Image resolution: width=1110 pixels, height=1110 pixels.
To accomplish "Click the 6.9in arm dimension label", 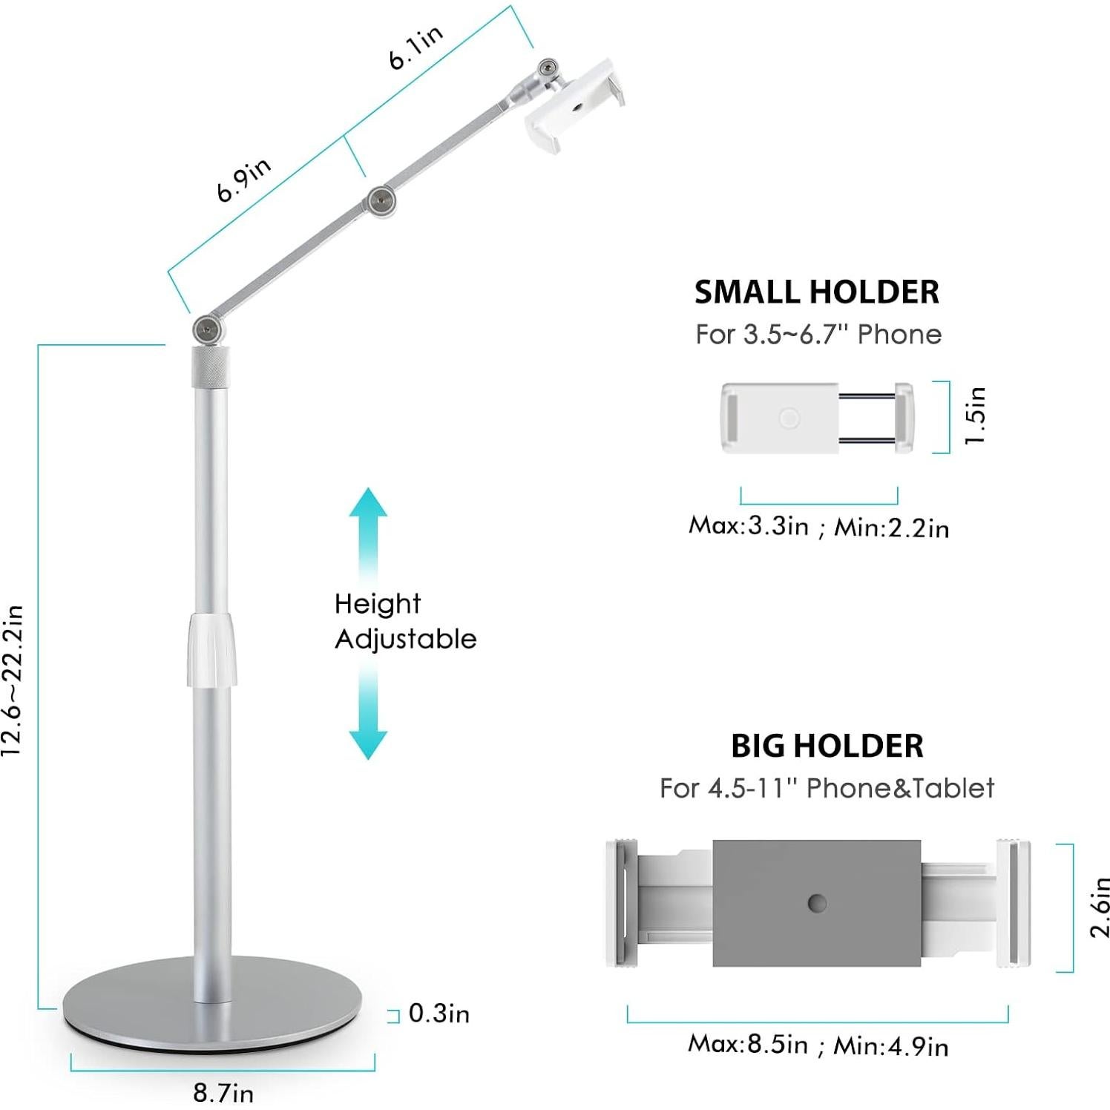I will tap(243, 180).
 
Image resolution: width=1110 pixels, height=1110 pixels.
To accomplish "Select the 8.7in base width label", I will tap(223, 1092).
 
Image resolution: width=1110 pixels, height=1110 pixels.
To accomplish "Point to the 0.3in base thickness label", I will tap(439, 1014).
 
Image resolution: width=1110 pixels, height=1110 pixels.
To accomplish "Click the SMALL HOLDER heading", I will tap(817, 292).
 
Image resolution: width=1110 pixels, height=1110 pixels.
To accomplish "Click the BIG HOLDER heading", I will tap(827, 746).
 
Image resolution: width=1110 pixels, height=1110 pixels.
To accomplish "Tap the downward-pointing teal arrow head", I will tap(369, 743).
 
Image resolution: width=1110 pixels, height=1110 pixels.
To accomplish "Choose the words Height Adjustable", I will tap(405, 621).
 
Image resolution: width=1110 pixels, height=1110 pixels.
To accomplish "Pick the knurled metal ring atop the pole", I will tap(211, 366).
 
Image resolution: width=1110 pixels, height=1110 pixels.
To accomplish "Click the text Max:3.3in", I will tap(748, 525).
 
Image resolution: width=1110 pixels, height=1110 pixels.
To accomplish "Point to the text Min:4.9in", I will tap(890, 1045).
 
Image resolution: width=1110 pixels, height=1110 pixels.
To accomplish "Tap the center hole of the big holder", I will tap(817, 903).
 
